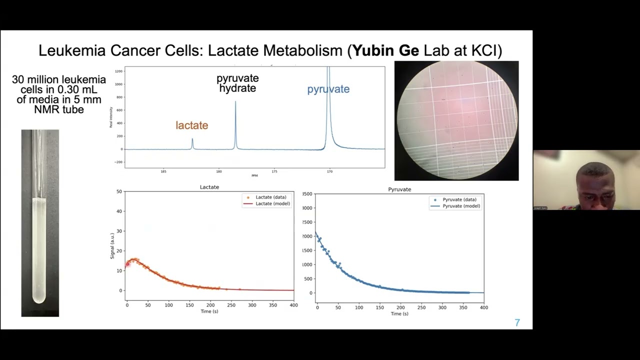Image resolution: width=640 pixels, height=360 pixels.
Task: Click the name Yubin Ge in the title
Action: pos(385,50)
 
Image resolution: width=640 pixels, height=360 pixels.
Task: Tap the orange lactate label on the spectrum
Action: pos(191,125)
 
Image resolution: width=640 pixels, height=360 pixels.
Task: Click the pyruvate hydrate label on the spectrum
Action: pos(237,83)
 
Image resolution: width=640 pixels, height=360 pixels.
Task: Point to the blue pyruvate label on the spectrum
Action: pos(328,89)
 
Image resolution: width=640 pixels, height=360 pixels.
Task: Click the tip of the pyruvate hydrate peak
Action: pos(235,102)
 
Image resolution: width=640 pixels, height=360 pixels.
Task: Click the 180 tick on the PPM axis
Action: pos(219,171)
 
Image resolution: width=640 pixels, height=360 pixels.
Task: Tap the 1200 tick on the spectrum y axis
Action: pos(118,71)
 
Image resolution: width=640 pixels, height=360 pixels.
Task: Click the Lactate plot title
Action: pos(209,187)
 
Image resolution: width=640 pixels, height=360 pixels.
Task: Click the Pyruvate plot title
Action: pos(399,189)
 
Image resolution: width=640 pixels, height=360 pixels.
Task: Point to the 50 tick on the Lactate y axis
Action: pos(119,191)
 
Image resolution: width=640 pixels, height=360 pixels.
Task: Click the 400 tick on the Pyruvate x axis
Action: pos(483,307)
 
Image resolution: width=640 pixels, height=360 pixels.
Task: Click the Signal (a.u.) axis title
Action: pos(112,245)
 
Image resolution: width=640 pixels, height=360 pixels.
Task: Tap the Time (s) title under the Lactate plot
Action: pos(209,311)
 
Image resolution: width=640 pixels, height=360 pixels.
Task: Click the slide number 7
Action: pos(517,323)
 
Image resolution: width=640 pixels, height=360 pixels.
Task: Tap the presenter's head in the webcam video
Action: pos(594,180)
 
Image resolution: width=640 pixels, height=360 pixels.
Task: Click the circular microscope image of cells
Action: pos(456,120)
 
